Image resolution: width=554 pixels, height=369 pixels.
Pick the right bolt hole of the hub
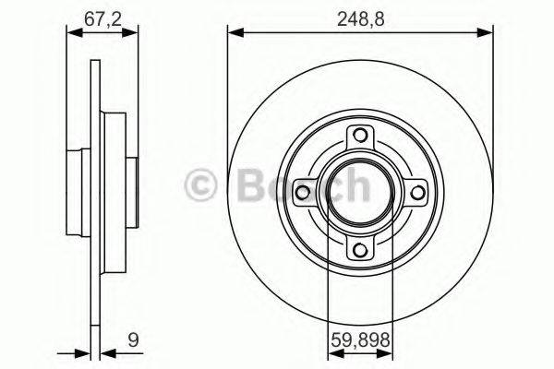point(416,194)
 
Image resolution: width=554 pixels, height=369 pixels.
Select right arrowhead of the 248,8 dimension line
point(487,34)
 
